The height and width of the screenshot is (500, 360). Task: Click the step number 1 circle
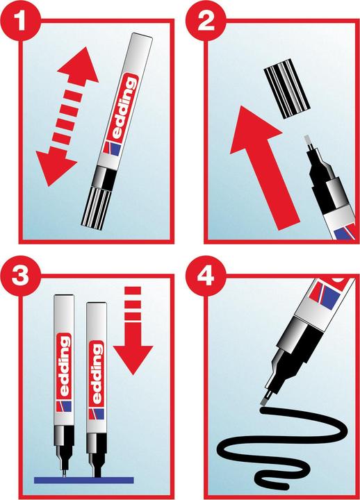click(x=21, y=20)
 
